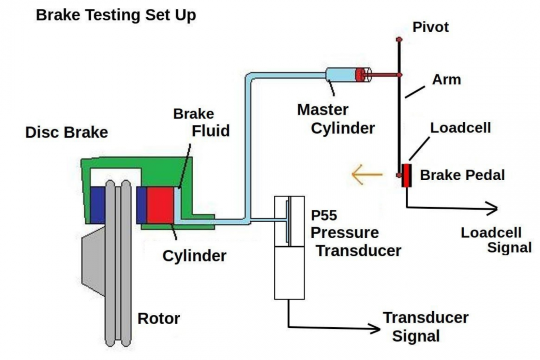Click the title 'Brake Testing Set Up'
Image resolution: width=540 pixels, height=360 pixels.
click(116, 15)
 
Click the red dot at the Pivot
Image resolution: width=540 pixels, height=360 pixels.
click(400, 39)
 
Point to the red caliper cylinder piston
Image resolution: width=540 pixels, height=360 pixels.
click(160, 205)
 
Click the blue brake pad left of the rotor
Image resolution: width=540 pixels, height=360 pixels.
click(98, 205)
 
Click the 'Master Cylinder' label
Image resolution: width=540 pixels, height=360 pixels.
click(336, 118)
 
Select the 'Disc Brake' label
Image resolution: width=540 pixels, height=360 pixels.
click(66, 132)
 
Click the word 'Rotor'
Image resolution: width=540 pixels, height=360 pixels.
click(159, 318)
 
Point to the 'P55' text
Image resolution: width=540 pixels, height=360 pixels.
click(324, 216)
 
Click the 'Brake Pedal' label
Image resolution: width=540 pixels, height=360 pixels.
click(462, 175)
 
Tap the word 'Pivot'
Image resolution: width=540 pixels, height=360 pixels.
click(430, 27)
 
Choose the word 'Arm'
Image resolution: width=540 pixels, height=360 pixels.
click(446, 79)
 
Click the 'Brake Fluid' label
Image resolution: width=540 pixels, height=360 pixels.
click(201, 122)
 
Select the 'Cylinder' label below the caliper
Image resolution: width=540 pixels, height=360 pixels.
click(194, 256)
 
